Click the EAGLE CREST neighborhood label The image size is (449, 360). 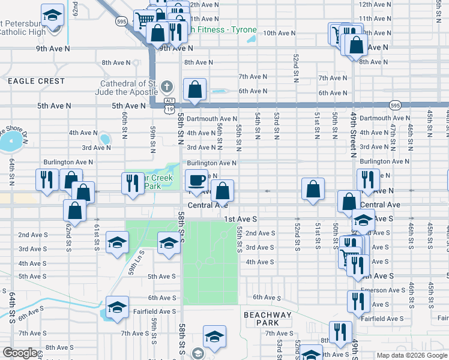point(36,80)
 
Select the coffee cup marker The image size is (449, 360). point(196,180)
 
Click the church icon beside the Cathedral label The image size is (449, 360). point(167,87)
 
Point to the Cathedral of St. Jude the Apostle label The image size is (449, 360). point(128,87)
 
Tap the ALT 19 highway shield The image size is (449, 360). point(171,105)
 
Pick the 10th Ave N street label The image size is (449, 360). point(278,33)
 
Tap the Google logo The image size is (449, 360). point(20,353)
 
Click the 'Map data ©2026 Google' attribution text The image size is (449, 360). point(412,355)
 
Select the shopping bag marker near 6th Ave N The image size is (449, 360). point(195,90)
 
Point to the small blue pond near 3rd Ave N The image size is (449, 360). point(105,140)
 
